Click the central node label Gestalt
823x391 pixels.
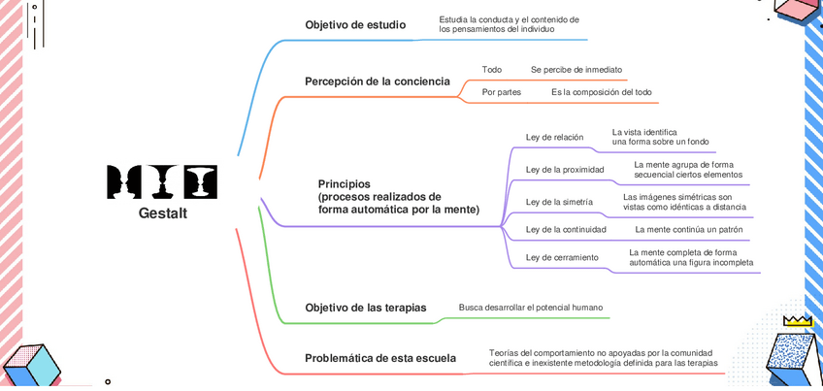point(162,213)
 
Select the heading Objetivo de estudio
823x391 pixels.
point(355,25)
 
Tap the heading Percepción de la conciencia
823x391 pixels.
point(377,81)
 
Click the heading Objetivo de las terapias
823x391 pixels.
point(365,308)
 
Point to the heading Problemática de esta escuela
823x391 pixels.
point(379,358)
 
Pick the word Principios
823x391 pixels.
point(345,183)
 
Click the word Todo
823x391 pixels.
point(492,70)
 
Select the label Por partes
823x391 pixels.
point(502,92)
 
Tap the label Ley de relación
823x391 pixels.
point(554,138)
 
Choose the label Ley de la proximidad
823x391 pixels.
point(565,170)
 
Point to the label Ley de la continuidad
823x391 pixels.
point(566,230)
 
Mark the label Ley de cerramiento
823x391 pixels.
point(562,257)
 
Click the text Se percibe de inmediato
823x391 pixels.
point(576,70)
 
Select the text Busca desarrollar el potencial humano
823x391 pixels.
point(531,308)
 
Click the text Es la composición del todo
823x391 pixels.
point(602,92)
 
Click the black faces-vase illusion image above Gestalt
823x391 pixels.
point(162,181)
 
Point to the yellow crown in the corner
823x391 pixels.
point(797,319)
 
